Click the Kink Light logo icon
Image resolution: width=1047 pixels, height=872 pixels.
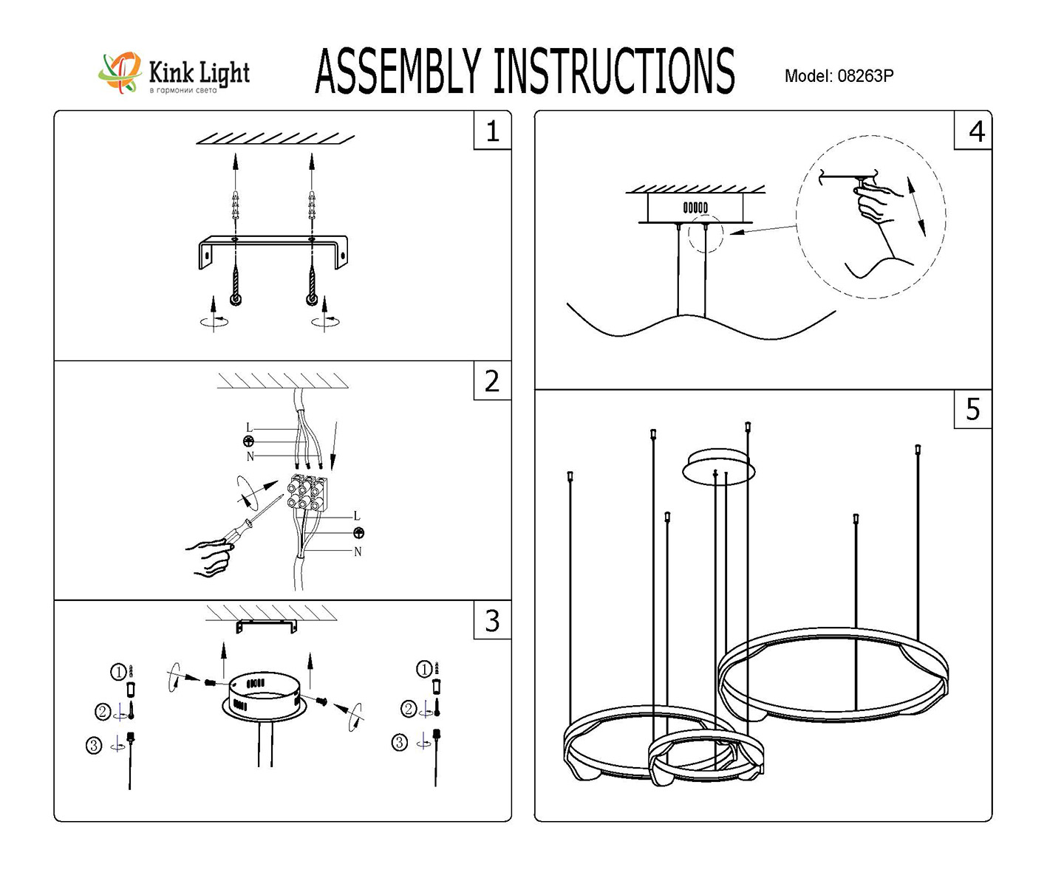coord(120,72)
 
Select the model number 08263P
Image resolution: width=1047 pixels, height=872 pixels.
coord(865,76)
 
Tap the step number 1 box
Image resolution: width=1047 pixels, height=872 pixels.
coord(492,131)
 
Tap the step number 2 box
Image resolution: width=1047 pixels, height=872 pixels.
coord(492,381)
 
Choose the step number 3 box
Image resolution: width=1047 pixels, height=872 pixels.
coord(492,620)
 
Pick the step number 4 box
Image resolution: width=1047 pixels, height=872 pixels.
coord(975,131)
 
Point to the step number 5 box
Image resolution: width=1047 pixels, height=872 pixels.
coord(972,409)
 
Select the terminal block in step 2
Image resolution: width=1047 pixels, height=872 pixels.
coord(307,493)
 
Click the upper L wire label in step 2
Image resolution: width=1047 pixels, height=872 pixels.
coord(249,428)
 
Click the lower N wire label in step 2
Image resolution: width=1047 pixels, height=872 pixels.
coord(358,552)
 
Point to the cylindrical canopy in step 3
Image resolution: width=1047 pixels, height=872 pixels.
coord(264,694)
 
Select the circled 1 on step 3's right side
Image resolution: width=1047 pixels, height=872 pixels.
coord(424,670)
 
